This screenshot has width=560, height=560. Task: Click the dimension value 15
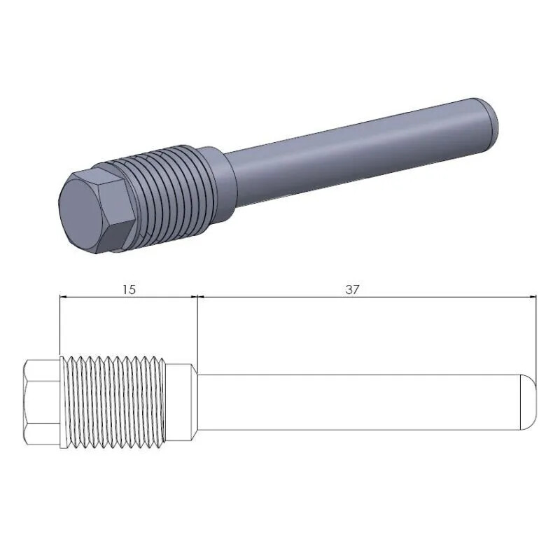pyautogui.click(x=128, y=289)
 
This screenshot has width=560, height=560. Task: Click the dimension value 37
pyautogui.click(x=352, y=289)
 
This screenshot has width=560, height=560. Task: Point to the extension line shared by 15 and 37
pyautogui.click(x=197, y=329)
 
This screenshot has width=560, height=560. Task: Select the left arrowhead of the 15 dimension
pyautogui.click(x=65, y=297)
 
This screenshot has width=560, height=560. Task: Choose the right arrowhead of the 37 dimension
pyautogui.click(x=531, y=297)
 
